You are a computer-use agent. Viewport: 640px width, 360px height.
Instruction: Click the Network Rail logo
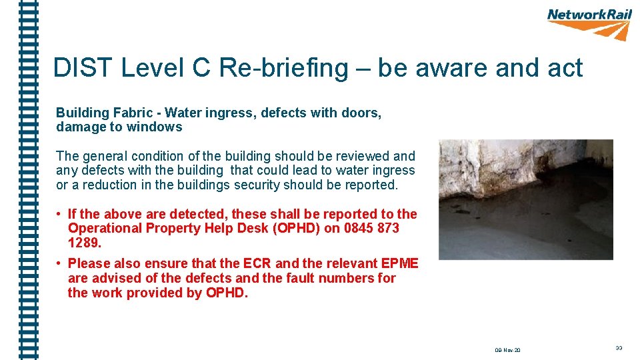tap(589, 23)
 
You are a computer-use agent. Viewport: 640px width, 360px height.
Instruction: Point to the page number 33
tap(619, 348)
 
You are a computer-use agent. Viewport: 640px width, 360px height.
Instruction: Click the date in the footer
tap(508, 350)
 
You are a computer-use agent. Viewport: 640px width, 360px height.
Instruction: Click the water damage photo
tap(525, 199)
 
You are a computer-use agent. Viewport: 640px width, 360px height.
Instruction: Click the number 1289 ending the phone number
tap(84, 243)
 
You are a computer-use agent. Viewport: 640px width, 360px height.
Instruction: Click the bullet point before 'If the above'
tap(59, 214)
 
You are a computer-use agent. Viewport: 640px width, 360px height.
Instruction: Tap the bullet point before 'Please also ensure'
tap(59, 263)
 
